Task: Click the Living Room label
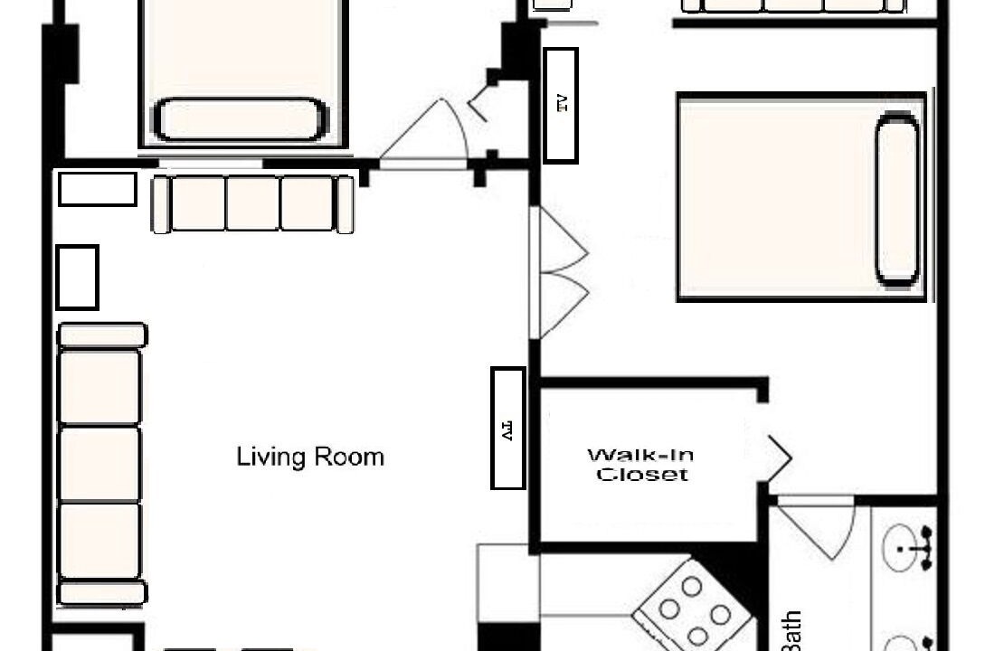310,457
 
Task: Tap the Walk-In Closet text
641,465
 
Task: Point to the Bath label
791,630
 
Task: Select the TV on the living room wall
508,429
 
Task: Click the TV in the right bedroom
561,105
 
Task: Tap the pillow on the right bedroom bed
897,198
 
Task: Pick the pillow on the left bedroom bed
240,119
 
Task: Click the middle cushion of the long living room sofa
99,465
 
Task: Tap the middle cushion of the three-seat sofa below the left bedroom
253,203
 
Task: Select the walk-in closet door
775,458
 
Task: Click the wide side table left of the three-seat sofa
98,189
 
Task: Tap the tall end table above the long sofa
78,278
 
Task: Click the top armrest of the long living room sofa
102,335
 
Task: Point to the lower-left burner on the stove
669,609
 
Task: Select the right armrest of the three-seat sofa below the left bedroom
345,204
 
